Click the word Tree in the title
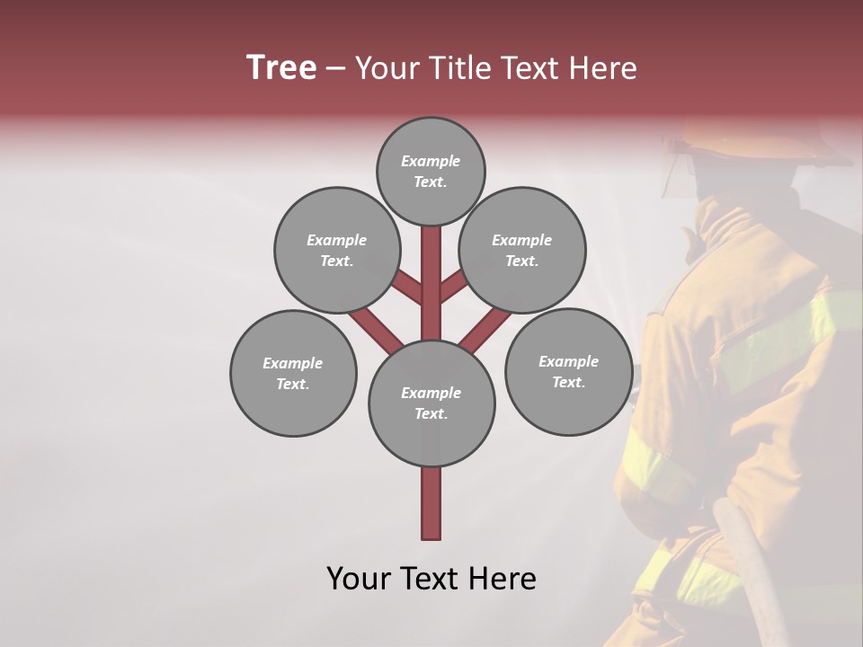[281, 67]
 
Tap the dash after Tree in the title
[335, 69]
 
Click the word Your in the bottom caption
[360, 579]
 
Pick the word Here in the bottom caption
[502, 579]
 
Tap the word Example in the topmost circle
[431, 162]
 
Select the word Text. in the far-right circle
[568, 383]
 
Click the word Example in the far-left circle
[292, 364]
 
